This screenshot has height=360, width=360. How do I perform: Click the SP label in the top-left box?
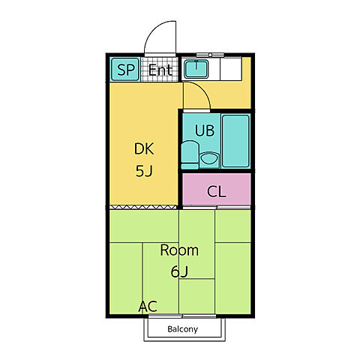[126, 70]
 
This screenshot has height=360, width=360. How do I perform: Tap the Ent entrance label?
[160, 70]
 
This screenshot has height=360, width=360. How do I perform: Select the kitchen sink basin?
[196, 69]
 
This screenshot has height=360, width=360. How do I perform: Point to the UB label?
[205, 130]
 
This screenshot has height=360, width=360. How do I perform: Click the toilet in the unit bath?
[190, 154]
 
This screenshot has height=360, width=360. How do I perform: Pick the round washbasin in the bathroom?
[209, 159]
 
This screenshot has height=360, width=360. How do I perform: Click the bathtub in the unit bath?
[235, 141]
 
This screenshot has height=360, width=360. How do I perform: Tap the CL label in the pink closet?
[217, 192]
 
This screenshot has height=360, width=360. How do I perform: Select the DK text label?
[144, 148]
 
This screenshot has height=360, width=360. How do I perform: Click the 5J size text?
[144, 171]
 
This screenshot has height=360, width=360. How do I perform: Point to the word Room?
[179, 250]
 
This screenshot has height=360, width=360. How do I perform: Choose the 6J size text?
[179, 271]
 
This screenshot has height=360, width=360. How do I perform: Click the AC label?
[148, 306]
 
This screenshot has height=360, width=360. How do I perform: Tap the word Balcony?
[182, 329]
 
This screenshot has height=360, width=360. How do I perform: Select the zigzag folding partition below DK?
[143, 207]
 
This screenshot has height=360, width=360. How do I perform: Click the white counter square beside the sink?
[231, 69]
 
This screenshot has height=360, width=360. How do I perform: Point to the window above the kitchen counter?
[210, 55]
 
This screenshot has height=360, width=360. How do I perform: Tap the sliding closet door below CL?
[217, 208]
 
